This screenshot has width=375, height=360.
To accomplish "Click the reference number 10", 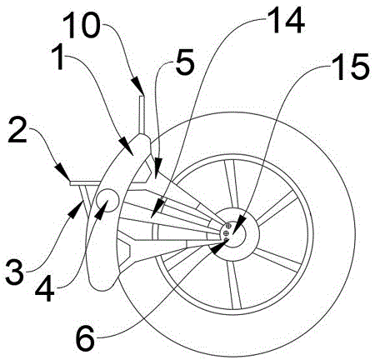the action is (x=81, y=25).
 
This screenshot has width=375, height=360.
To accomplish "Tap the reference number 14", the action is (x=287, y=20).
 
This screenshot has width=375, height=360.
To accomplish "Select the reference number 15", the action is (x=351, y=67).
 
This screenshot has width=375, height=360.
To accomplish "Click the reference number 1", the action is (x=59, y=58).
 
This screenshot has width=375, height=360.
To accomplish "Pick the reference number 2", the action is (x=17, y=130).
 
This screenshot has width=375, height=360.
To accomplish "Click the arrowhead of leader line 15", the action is (x=238, y=224).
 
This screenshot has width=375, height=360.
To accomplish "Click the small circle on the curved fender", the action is (x=107, y=200).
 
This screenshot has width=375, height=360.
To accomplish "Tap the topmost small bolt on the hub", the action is (x=228, y=226).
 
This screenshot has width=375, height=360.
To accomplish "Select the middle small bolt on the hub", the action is (x=226, y=232).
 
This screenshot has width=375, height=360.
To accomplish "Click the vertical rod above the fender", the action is (x=142, y=115).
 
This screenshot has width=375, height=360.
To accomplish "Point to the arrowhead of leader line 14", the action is (x=157, y=207).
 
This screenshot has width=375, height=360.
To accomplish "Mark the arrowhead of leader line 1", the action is (x=127, y=147).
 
